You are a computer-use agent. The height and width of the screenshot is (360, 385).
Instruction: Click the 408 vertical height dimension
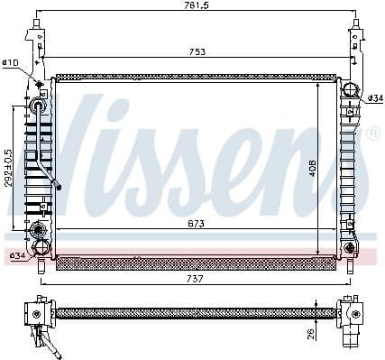pyautogui.click(x=312, y=169)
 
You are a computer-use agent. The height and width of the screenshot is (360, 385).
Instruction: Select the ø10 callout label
pyautogui.click(x=11, y=63)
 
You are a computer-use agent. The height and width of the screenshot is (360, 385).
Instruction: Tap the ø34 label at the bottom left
pyautogui.click(x=16, y=256)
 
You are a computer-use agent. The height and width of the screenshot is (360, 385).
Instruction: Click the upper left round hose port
pyautogui.click(x=39, y=106)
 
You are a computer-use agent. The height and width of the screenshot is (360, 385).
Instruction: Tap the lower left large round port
pyautogui.click(x=40, y=247)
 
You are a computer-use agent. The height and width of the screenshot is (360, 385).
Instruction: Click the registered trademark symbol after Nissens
pyautogui.click(x=371, y=134)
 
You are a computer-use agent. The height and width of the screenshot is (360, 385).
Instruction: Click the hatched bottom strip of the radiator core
pyautogui.click(x=194, y=264)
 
